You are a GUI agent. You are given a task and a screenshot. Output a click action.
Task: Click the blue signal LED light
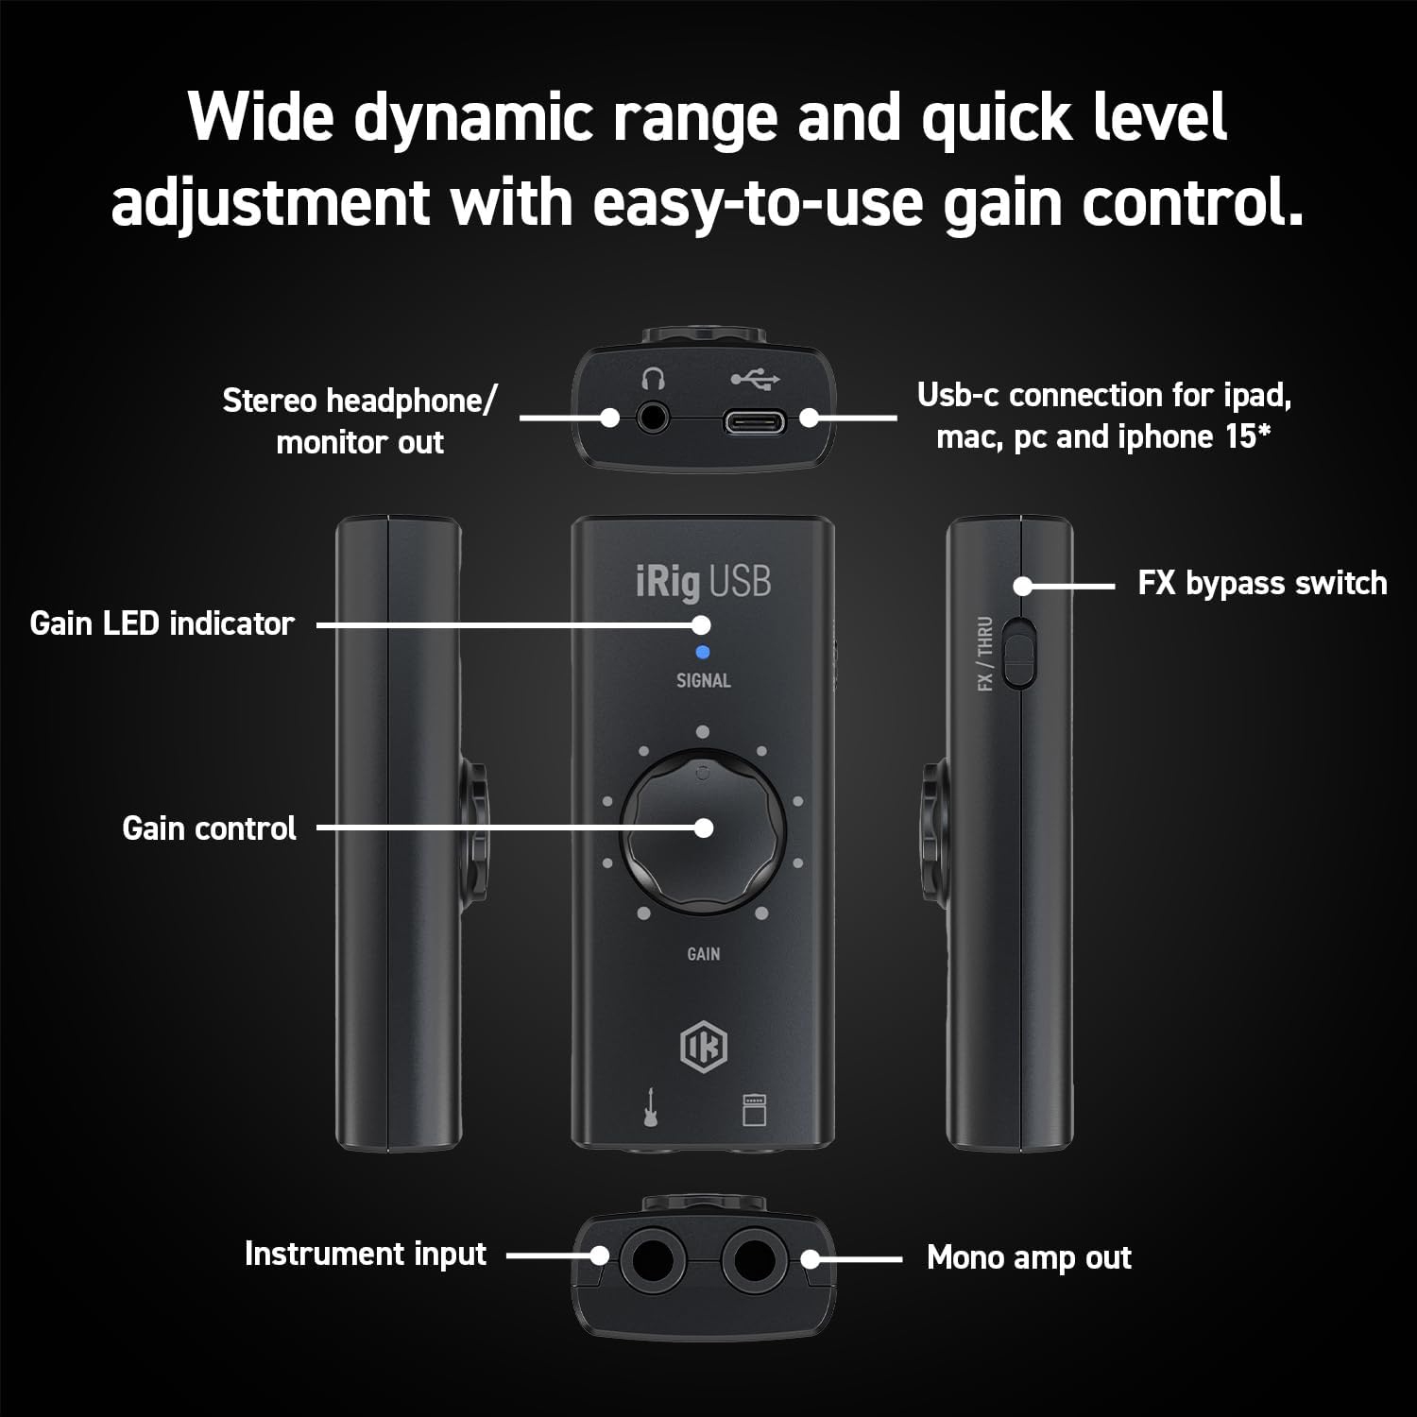702,652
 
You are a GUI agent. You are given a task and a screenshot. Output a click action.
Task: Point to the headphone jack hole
652,417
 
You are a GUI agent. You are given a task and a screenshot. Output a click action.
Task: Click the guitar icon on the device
651,1107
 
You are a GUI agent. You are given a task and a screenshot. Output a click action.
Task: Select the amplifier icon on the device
754,1109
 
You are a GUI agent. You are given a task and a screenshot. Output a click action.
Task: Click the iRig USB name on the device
703,582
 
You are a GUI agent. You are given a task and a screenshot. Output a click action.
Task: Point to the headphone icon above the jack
653,380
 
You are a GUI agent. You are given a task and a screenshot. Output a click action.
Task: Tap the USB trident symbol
754,380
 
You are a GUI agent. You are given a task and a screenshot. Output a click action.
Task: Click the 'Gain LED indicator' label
162,623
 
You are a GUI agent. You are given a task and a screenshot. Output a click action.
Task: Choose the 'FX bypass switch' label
1262,583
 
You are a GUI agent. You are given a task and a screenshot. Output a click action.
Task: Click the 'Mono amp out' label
1029,1257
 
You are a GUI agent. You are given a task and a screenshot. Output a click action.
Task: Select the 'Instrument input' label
366,1254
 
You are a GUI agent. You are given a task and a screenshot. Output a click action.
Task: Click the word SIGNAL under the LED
703,680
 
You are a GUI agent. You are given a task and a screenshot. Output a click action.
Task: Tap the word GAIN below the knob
703,954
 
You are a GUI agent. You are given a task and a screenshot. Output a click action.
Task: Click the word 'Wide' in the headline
261,117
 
